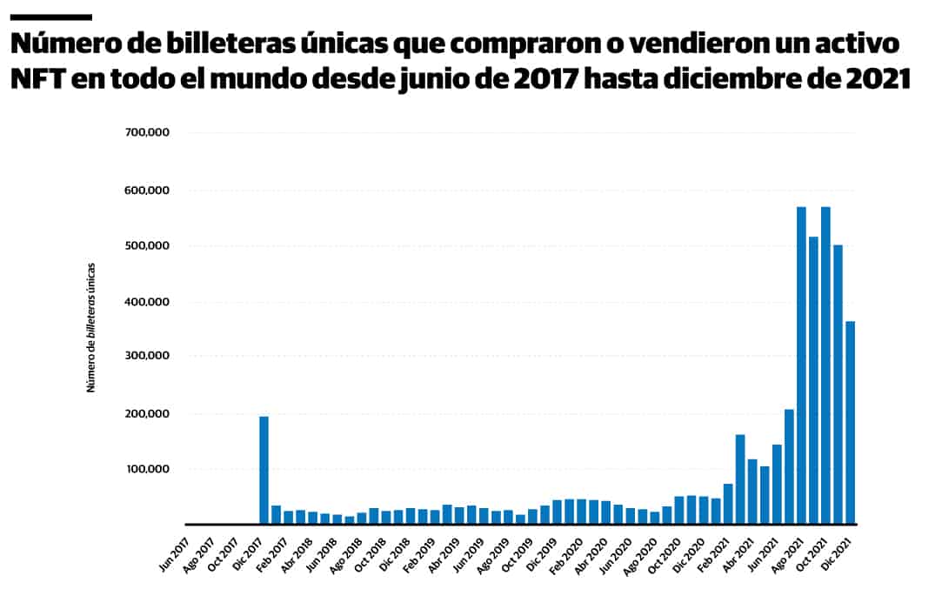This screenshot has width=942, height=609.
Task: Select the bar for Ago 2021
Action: tap(801, 365)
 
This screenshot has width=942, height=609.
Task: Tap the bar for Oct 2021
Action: tap(825, 365)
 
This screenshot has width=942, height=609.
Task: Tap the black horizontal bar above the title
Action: tap(50, 17)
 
